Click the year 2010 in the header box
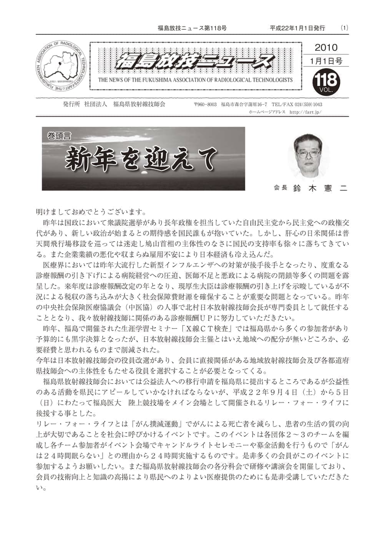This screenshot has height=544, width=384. pyautogui.click(x=326, y=48)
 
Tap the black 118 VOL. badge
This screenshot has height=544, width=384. pyautogui.click(x=326, y=82)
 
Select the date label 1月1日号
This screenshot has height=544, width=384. pyautogui.click(x=326, y=61)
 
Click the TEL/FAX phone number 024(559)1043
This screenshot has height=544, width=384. pyautogui.click(x=308, y=105)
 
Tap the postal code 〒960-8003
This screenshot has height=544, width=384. pyautogui.click(x=205, y=105)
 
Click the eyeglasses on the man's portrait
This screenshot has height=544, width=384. pyautogui.click(x=309, y=153)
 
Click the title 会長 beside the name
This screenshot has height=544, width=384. pyautogui.click(x=280, y=188)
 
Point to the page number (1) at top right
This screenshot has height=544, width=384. pyautogui.click(x=344, y=28)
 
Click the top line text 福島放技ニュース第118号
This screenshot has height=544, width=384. pyautogui.click(x=192, y=28)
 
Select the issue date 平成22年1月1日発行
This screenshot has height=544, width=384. pyautogui.click(x=297, y=28)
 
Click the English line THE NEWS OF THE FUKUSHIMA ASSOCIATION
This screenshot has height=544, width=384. pyautogui.click(x=195, y=80)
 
